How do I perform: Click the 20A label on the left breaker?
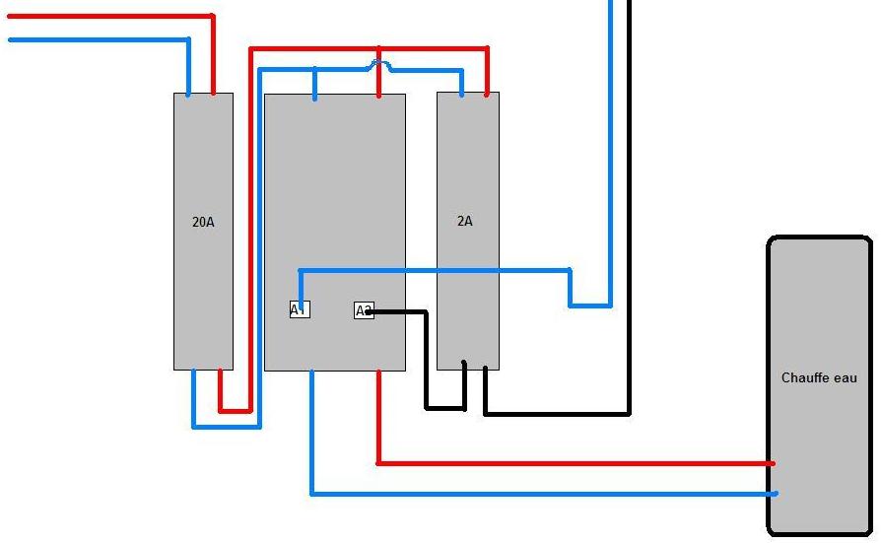click(x=203, y=222)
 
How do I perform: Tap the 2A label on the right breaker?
click(x=465, y=221)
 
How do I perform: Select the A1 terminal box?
click(x=300, y=309)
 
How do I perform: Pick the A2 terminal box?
click(x=364, y=310)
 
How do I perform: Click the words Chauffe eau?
click(x=819, y=377)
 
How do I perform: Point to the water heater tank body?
click(x=819, y=296)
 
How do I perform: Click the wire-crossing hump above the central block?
click(x=378, y=65)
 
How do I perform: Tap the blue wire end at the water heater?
click(x=774, y=493)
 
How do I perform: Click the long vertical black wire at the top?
click(x=629, y=197)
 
